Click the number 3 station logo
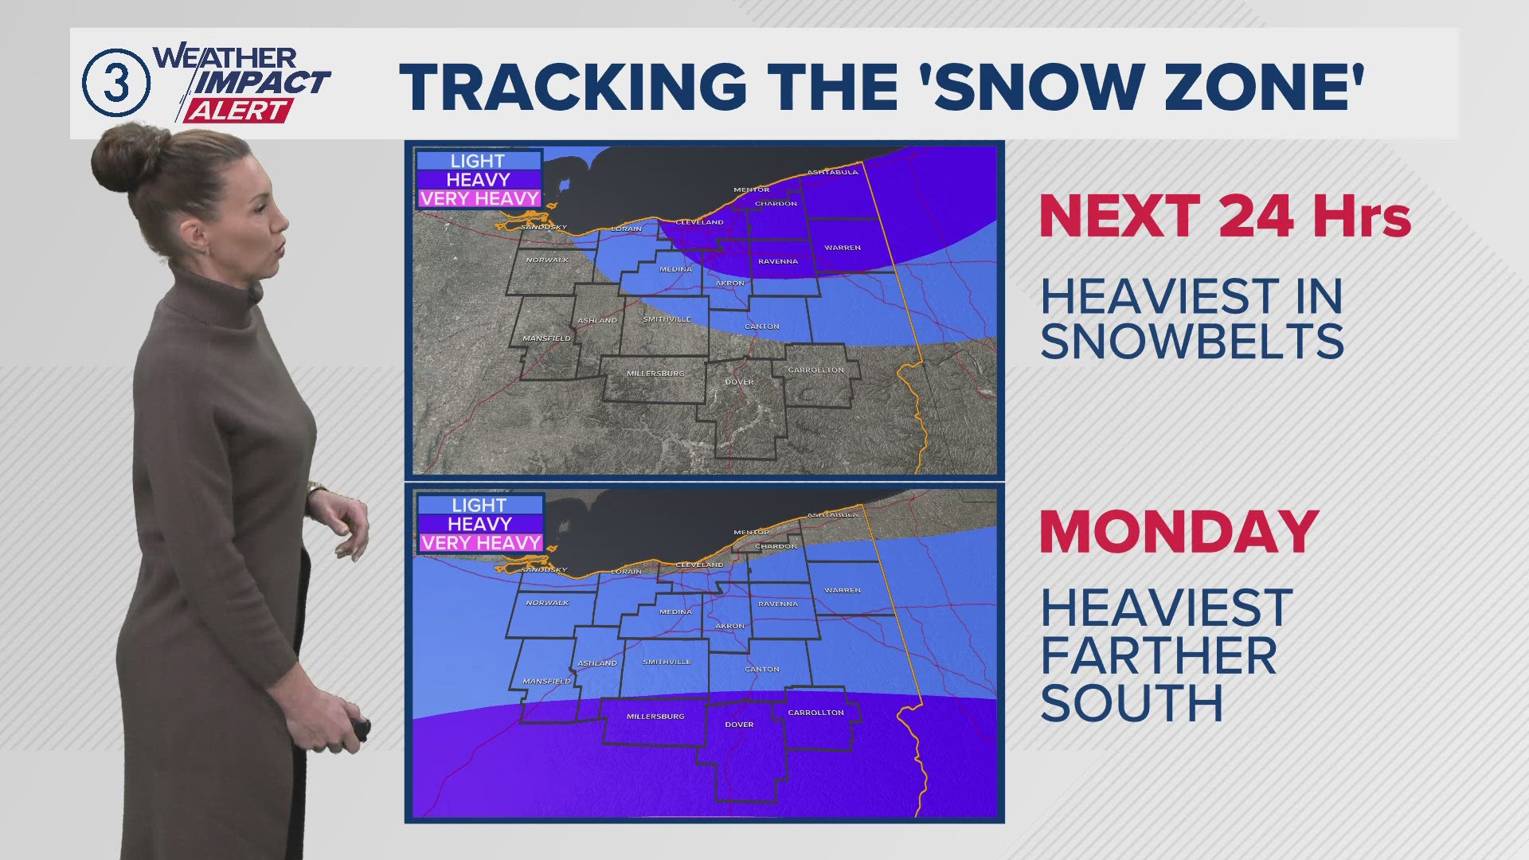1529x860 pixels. (116, 83)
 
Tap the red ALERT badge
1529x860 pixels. (237, 111)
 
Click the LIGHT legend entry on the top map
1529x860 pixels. (478, 161)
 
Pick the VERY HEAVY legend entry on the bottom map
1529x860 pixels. (481, 543)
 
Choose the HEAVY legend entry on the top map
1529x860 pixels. (478, 180)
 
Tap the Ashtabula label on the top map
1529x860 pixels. (832, 172)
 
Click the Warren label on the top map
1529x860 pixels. (843, 248)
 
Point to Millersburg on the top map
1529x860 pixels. (655, 373)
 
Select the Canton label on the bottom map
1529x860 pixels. (762, 670)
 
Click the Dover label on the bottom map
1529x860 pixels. (739, 725)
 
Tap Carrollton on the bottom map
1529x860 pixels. (815, 713)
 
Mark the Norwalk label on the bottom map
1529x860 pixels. (547, 603)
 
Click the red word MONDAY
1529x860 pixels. (1179, 532)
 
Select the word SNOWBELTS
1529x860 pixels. (1192, 342)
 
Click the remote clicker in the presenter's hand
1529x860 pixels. (362, 729)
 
